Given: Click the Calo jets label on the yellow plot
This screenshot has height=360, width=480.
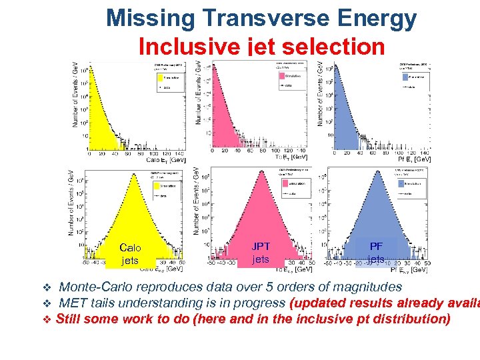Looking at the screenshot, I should point(131,254).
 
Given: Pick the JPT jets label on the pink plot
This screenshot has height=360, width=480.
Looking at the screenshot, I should point(261,253).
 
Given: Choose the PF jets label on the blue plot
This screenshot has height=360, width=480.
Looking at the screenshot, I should point(376,252).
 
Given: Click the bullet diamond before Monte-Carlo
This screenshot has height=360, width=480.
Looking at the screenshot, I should point(47,288).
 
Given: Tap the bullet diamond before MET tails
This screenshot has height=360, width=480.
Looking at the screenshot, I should point(47,303).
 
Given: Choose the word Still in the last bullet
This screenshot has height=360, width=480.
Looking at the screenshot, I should point(69,319).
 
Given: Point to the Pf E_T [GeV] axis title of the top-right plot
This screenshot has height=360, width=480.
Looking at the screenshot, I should point(414,159).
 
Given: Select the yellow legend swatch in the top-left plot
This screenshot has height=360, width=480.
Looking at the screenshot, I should point(157,77).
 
